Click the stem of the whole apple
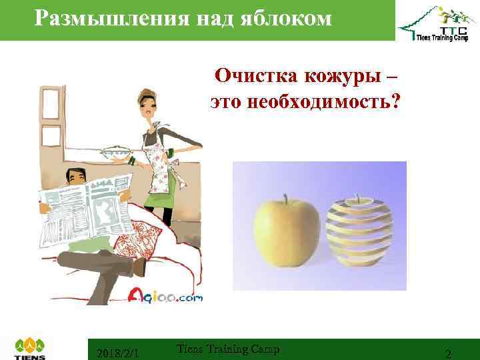coord(285,198)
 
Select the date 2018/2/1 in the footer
coord(117,351)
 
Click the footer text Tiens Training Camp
coord(229,349)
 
